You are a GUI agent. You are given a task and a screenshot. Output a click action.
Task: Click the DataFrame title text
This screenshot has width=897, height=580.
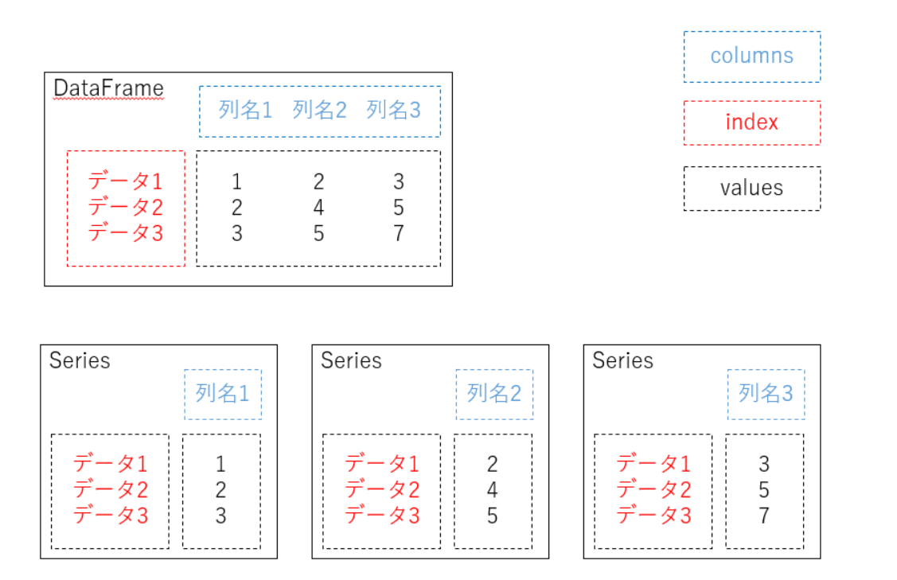point(109,88)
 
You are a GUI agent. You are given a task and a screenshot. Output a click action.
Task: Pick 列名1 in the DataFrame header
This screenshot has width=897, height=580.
point(245,110)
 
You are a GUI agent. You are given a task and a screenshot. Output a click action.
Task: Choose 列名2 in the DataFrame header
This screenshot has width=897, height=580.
point(319,110)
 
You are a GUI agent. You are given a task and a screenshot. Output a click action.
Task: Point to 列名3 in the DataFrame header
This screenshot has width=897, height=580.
point(393,110)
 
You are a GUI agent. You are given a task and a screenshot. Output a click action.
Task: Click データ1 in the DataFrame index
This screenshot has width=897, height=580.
point(125,181)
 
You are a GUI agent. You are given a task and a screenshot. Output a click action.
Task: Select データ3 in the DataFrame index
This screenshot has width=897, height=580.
point(125,233)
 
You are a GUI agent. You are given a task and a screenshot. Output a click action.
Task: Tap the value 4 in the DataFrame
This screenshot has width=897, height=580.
point(318,207)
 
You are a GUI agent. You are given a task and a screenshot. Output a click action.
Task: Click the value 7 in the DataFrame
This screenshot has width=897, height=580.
point(399,233)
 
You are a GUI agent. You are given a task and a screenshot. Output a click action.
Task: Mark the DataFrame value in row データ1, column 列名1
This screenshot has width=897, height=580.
point(237,182)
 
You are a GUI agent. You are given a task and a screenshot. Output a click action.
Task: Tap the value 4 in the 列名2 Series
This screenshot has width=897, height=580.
point(492,489)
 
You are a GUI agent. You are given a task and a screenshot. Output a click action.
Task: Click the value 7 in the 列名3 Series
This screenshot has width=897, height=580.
point(764,516)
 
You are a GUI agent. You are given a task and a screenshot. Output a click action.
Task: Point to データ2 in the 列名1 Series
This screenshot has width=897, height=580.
point(111,489)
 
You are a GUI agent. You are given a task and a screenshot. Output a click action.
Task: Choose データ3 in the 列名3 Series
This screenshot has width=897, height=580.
point(654,516)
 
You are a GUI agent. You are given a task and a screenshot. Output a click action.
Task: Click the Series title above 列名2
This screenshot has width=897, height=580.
point(351,360)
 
